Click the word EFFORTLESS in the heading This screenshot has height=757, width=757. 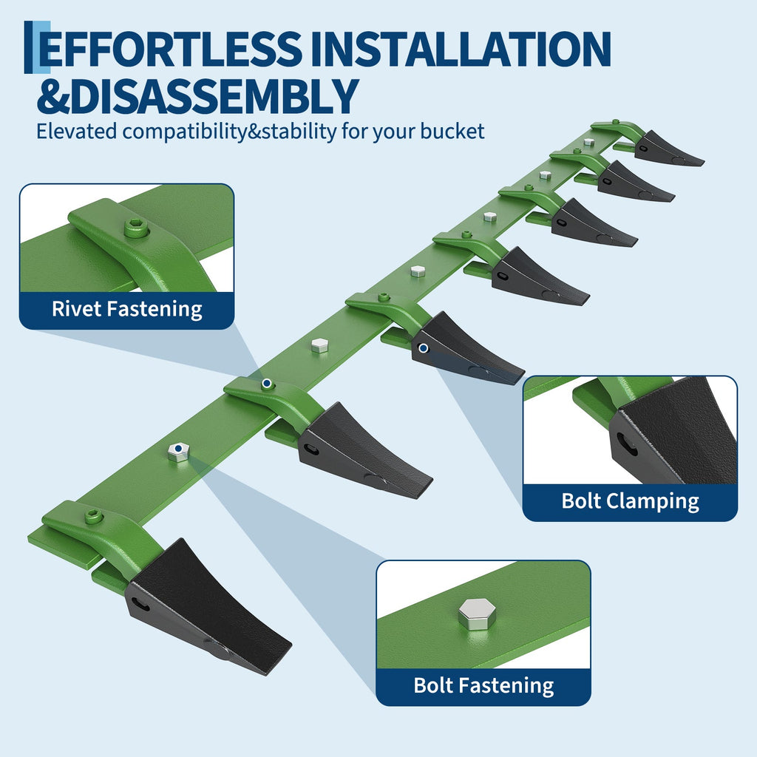(170, 49)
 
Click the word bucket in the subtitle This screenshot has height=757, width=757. (452, 132)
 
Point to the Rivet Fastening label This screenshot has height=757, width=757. (127, 309)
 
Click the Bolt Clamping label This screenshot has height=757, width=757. (630, 501)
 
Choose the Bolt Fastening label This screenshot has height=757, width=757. (483, 685)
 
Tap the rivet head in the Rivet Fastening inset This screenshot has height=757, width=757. (137, 228)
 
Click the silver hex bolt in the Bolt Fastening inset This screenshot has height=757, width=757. (477, 614)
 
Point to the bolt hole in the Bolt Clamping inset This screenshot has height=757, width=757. (627, 444)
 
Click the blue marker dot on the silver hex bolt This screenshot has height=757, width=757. (178, 449)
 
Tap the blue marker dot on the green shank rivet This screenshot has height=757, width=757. (265, 384)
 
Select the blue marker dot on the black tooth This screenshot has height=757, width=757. (423, 347)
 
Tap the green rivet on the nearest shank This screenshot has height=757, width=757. (94, 517)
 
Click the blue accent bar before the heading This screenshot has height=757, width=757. (37, 47)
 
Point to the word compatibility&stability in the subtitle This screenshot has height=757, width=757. (229, 132)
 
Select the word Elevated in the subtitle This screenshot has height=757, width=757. (77, 132)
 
